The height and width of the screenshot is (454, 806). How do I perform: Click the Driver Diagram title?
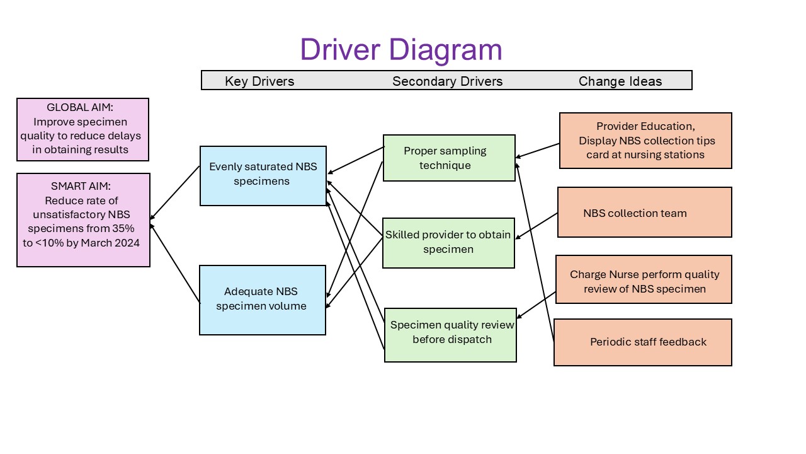(401, 50)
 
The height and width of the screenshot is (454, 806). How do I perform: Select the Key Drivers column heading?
(259, 81)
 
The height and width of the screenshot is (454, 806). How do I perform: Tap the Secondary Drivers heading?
(447, 81)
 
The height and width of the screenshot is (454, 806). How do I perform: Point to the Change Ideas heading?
(620, 81)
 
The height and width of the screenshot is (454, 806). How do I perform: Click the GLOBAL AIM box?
(82, 129)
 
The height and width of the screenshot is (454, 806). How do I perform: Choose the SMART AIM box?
(84, 220)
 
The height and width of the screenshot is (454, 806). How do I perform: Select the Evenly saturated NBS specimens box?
(263, 176)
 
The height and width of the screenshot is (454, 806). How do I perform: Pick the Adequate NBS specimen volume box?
(263, 300)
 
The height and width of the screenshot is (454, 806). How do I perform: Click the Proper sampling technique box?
(449, 158)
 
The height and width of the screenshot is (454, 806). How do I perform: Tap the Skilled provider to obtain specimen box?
(448, 243)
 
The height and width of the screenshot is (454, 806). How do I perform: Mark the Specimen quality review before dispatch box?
(450, 335)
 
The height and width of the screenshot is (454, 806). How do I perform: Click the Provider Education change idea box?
(645, 141)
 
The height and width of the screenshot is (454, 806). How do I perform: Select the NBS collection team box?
(645, 212)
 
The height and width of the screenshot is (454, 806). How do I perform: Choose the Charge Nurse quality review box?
(644, 279)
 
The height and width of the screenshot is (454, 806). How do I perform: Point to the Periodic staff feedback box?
(643, 342)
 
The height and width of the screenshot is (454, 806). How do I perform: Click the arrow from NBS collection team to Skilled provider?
(536, 226)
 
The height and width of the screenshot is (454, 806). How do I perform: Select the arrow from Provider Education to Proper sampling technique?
(537, 151)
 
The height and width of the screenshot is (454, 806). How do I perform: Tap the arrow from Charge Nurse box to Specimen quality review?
(536, 305)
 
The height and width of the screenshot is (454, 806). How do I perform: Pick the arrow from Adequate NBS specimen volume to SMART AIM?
(175, 264)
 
